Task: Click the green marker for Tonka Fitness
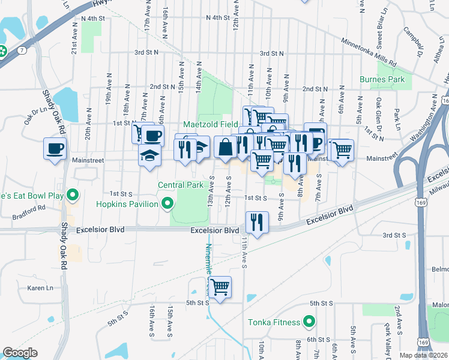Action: pos(309,322)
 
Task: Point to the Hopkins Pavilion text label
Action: pos(127,204)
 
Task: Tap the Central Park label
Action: pos(181,185)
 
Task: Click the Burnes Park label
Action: pos(382,79)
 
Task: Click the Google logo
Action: pos(20,353)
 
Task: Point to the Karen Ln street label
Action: pos(40,288)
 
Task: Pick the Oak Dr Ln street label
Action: pos(35,115)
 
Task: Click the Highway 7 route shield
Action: pos(22,50)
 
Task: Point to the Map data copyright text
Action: pos(424,355)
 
